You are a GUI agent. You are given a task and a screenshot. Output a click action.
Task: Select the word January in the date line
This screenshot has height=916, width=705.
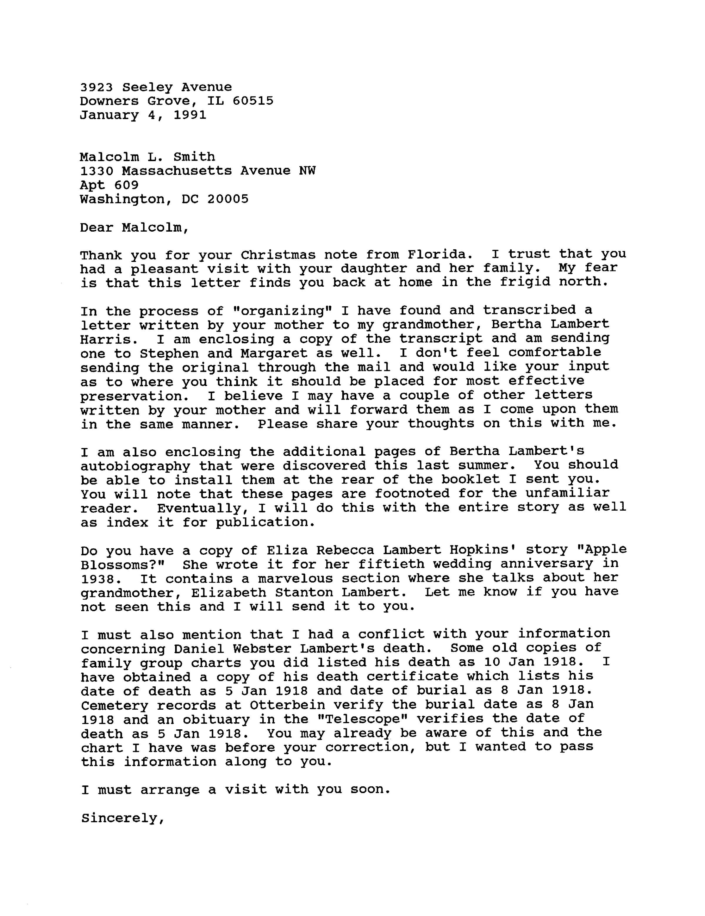pos(109,115)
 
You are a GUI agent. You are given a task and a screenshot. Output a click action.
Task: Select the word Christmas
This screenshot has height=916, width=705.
pos(278,255)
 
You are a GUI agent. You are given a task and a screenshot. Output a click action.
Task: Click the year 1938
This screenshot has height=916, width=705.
pos(97,579)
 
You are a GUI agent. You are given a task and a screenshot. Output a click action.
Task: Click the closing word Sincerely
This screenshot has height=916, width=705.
pos(122,818)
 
